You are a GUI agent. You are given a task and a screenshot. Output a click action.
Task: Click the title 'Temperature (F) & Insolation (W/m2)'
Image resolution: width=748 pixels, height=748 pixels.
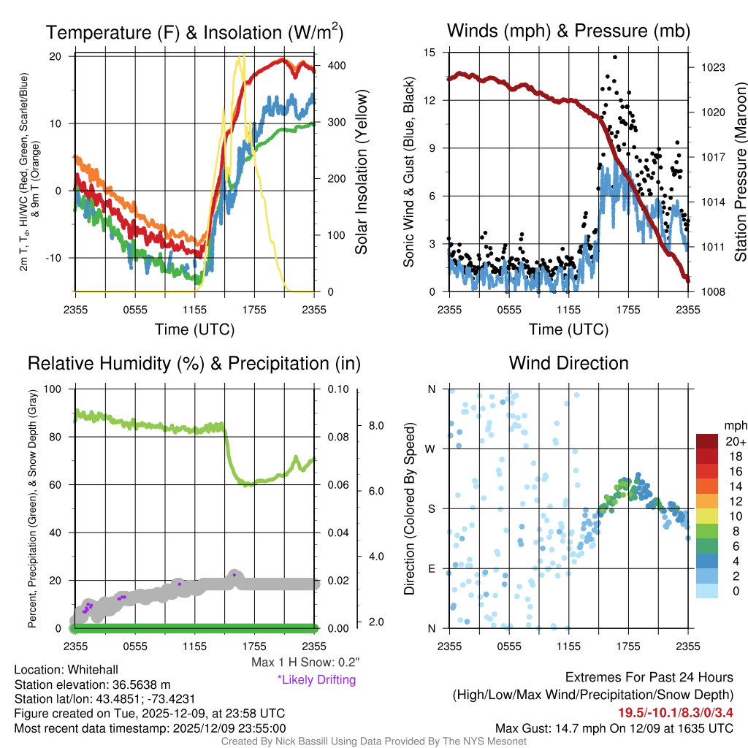pos(194,32)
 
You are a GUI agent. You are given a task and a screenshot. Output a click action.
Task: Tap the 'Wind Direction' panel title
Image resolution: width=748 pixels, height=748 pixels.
pos(568,363)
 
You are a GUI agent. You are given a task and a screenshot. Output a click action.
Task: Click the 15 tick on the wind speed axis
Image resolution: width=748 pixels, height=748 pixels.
pos(430,53)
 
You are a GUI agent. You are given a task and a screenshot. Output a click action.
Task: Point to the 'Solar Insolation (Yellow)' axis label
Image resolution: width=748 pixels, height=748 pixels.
pos(362,172)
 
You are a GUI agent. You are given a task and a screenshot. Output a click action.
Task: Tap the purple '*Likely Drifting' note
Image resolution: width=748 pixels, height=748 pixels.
pos(316,679)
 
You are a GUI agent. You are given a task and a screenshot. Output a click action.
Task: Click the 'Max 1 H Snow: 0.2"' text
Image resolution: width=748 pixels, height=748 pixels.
pos(305,663)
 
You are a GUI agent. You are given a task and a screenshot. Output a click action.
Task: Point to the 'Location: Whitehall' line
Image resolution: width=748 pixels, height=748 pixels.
pos(66,670)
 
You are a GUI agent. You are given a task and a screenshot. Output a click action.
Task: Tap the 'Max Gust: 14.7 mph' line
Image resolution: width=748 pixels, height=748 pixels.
pos(614,728)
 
